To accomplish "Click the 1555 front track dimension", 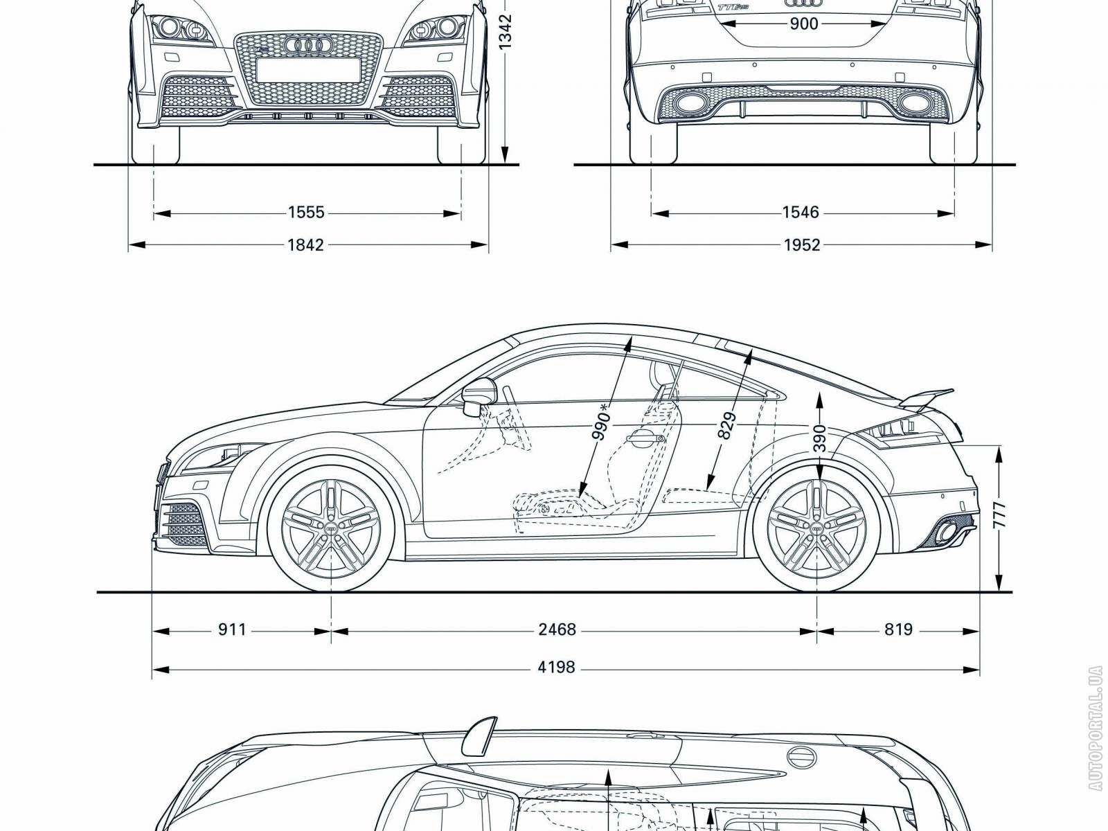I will (306, 212).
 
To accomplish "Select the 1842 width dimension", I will (306, 244).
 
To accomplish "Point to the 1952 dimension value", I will (802, 244).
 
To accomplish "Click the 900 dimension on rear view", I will (803, 25).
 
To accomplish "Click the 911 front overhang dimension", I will (232, 629).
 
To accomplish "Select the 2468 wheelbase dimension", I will (557, 629).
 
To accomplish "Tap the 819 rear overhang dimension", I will (898, 629).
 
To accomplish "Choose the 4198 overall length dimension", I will (557, 668).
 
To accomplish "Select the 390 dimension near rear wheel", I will (819, 438).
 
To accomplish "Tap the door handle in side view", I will (643, 436).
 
